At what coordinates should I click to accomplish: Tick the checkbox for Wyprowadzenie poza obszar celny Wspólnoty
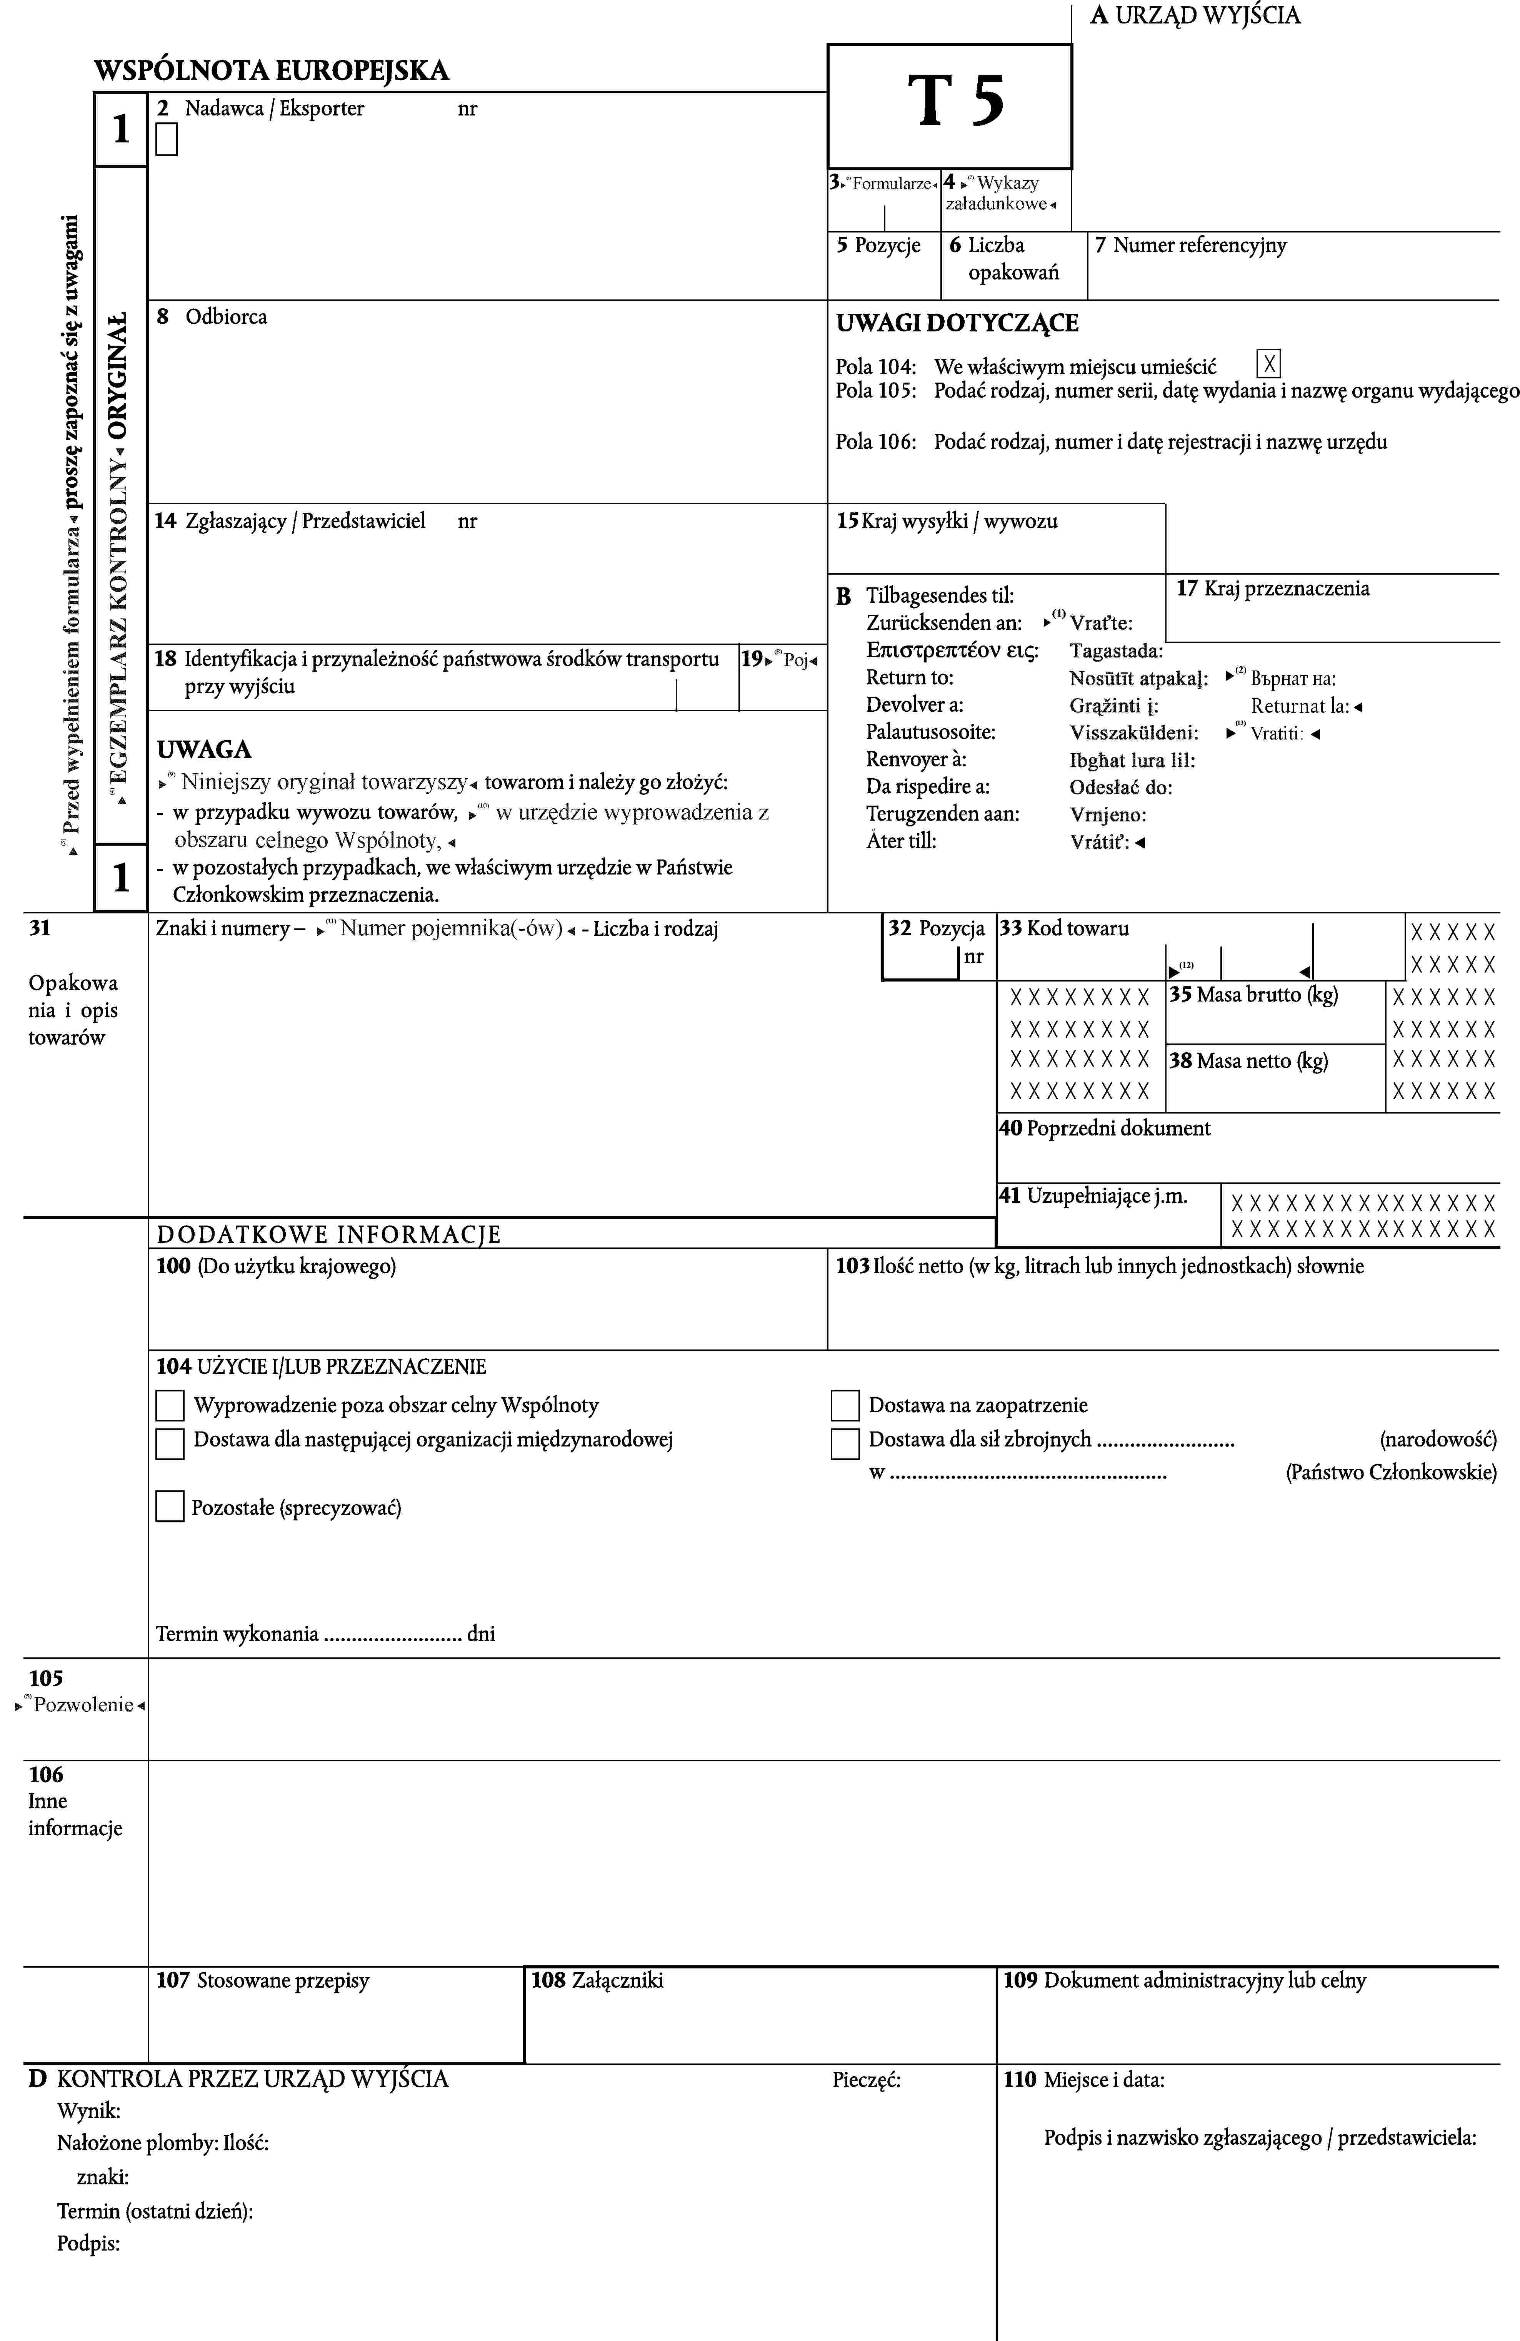pyautogui.click(x=170, y=1406)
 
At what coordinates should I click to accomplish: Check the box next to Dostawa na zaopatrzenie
pyautogui.click(x=845, y=1406)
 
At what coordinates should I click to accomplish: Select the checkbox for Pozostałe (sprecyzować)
pyautogui.click(x=170, y=1507)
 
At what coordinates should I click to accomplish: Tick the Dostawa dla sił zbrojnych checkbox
pyautogui.click(x=845, y=1443)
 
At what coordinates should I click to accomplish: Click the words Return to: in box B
pyautogui.click(x=910, y=677)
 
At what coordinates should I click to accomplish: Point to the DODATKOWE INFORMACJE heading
pyautogui.click(x=328, y=1234)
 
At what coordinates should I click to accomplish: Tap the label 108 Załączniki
pyautogui.click(x=597, y=1980)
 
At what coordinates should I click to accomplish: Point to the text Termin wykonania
pyautogui.click(x=237, y=1634)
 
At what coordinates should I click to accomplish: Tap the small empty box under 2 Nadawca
pyautogui.click(x=166, y=140)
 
